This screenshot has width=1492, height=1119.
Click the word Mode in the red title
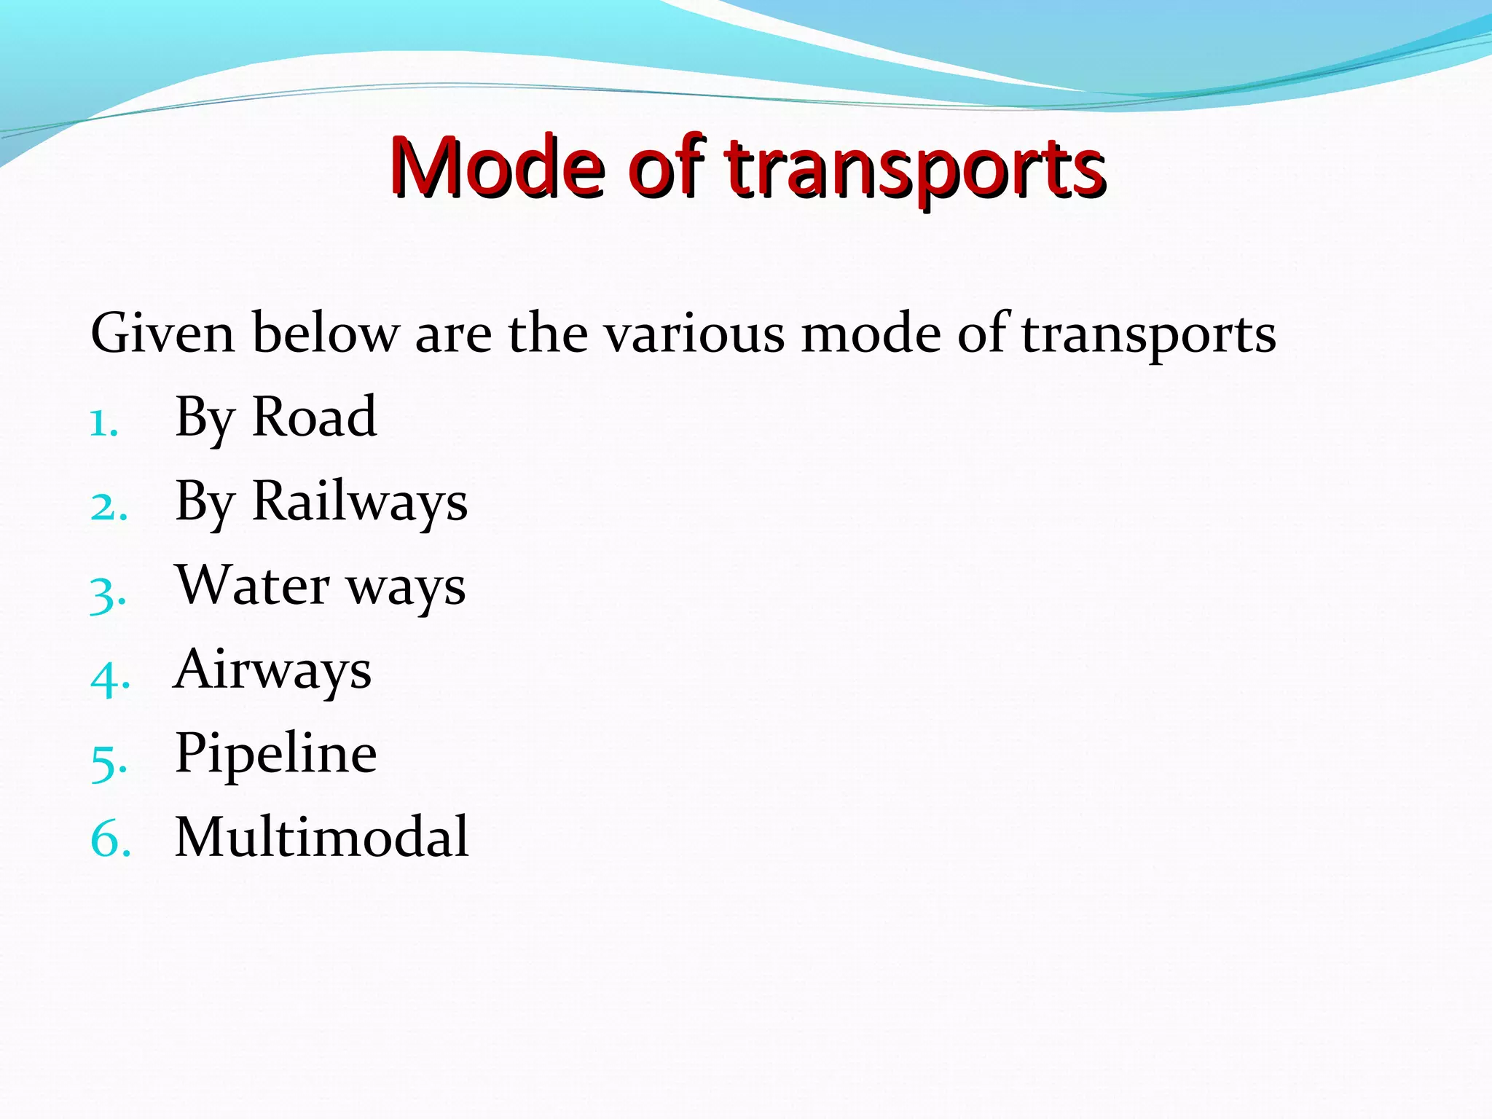click(498, 168)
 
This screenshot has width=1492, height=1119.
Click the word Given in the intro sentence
click(162, 334)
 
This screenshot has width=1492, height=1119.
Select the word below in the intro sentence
click(326, 334)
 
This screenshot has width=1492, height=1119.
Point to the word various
click(695, 334)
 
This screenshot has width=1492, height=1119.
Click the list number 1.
click(103, 424)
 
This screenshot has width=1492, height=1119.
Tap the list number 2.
click(109, 507)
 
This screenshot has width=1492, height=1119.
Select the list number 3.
click(108, 594)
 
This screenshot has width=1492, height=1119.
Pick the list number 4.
click(109, 678)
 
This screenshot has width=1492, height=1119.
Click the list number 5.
click(109, 762)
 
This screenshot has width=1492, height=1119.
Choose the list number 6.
click(110, 839)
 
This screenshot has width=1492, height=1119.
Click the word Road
click(314, 417)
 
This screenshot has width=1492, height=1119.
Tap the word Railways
click(359, 503)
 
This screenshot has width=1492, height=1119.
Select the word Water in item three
click(253, 585)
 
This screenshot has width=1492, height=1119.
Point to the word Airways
click(273, 670)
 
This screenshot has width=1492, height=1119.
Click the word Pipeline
click(276, 754)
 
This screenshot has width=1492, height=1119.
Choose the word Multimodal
click(322, 837)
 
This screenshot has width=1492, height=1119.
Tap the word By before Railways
click(205, 503)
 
